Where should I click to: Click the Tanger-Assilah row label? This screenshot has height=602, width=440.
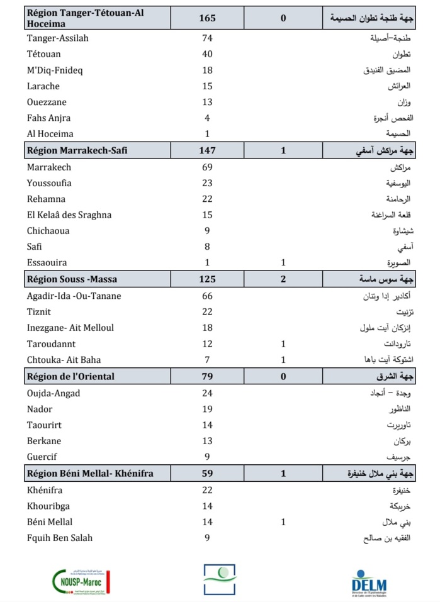pos(58,38)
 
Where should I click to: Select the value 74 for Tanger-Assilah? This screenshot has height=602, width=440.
pos(207,38)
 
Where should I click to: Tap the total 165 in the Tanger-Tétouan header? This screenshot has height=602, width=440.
pos(207,18)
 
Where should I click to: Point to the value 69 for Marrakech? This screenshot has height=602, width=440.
pos(207,167)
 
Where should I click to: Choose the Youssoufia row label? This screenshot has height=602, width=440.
pos(49,183)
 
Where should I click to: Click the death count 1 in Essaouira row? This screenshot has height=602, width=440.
pos(283,262)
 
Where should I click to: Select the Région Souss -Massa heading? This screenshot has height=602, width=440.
pos(72,279)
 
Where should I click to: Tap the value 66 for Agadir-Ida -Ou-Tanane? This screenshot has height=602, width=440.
pos(207,296)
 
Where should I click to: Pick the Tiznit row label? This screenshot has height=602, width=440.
pos(39,311)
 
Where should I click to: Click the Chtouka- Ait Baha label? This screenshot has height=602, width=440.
pos(64,359)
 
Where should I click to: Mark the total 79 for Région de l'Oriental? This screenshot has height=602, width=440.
pos(207,377)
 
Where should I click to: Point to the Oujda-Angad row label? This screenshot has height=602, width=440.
pos(54,394)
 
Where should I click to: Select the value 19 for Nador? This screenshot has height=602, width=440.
pos(207,410)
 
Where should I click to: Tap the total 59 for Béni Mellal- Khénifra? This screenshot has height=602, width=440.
pos(207,473)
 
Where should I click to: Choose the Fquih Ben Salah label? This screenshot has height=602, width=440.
pos(60,538)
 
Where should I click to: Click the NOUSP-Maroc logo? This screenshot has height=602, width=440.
pos(82,582)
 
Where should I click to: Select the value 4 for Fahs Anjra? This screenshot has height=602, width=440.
pos(207,118)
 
